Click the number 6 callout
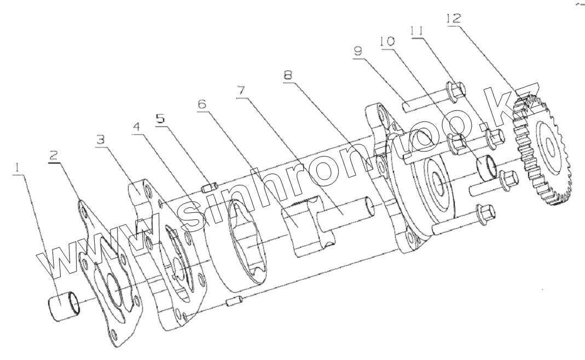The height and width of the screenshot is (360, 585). point(202,104)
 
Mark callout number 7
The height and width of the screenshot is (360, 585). point(241,90)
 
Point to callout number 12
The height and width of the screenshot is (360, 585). point(454,18)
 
